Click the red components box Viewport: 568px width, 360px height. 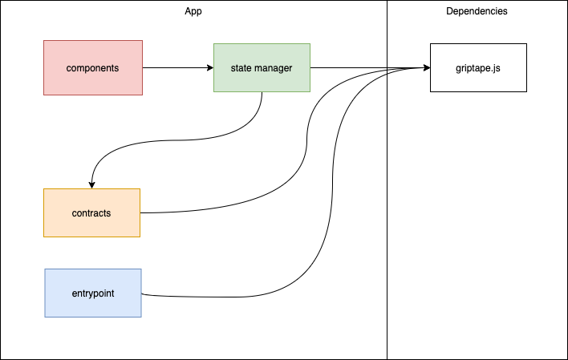pos(93,68)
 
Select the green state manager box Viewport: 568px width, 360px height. pos(262,68)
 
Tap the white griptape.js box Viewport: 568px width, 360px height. pos(478,68)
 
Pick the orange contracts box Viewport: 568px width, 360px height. pos(91,213)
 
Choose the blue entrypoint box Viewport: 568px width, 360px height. pos(92,293)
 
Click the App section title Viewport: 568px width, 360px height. pos(194,11)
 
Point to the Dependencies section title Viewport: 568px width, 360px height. pos(477,11)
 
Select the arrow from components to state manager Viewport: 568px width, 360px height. pos(176,68)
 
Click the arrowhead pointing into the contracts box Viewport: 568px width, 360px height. pos(92,184)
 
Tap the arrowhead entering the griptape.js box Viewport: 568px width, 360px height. pos(426,68)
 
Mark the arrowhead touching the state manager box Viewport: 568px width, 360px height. pos(209,68)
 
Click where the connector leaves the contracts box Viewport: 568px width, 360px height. pos(141,213)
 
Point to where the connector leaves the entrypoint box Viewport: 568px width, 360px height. pos(142,294)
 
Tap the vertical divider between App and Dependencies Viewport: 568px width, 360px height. pos(387,200)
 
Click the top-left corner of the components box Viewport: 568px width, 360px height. pos(44,40)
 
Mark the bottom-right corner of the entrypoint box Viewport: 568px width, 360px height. pos(141,317)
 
